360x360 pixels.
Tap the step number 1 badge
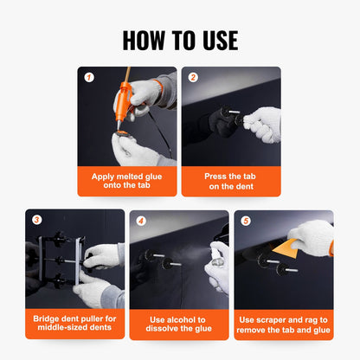pyautogui.click(x=87, y=77)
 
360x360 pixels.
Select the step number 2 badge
pyautogui.click(x=193, y=77)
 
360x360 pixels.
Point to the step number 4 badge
pyautogui.click(x=140, y=220)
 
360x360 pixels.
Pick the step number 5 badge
pyautogui.click(x=245, y=220)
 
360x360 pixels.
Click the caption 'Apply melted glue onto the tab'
pyautogui.click(x=127, y=181)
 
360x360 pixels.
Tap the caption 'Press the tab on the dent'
pyautogui.click(x=231, y=181)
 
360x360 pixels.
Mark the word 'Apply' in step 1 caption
pyautogui.click(x=104, y=176)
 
